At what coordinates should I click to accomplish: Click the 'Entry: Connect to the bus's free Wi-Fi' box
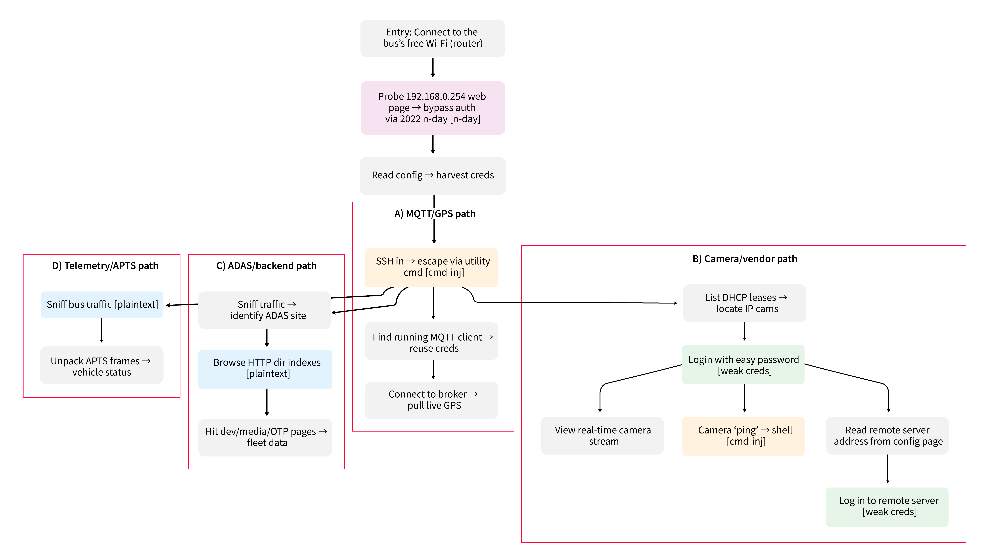pos(433,38)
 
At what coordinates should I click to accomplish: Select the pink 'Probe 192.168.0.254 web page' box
pos(433,108)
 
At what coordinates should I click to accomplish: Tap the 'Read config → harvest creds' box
pos(433,176)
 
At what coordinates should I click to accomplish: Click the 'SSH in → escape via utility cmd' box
pos(432,267)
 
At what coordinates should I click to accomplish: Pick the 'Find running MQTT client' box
pos(432,341)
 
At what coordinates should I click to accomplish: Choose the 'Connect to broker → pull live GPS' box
pos(432,400)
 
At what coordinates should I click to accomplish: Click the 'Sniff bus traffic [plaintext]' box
pos(102,305)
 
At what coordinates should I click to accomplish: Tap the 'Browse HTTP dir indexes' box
pos(265,369)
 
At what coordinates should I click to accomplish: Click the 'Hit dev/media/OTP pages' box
pos(265,437)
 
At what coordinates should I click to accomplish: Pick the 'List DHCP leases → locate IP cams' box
pos(744,303)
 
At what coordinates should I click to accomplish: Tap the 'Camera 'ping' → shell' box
pos(743,436)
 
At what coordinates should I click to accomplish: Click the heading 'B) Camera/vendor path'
pos(745,259)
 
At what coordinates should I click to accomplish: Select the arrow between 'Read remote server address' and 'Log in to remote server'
pos(887,469)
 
